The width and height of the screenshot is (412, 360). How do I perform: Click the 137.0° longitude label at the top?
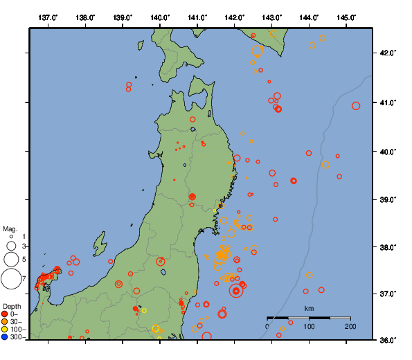(x=48, y=17)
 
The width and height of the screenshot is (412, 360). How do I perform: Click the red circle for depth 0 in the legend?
(x=5, y=314)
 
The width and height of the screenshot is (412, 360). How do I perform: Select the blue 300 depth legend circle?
(x=5, y=337)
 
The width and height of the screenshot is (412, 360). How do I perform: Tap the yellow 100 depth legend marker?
(x=5, y=330)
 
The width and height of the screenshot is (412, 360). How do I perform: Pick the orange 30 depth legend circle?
(x=5, y=321)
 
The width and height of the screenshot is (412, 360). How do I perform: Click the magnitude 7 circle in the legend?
(x=11, y=279)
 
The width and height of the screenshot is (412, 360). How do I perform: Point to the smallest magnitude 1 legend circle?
(x=12, y=237)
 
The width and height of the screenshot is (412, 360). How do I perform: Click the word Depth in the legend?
(x=11, y=305)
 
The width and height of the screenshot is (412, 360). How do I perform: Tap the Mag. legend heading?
(x=10, y=228)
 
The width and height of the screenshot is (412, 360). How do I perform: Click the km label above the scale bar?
(x=309, y=308)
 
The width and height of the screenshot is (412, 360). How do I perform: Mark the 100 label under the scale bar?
(x=309, y=326)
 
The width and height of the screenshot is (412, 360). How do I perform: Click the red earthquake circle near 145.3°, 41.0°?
(x=356, y=106)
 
